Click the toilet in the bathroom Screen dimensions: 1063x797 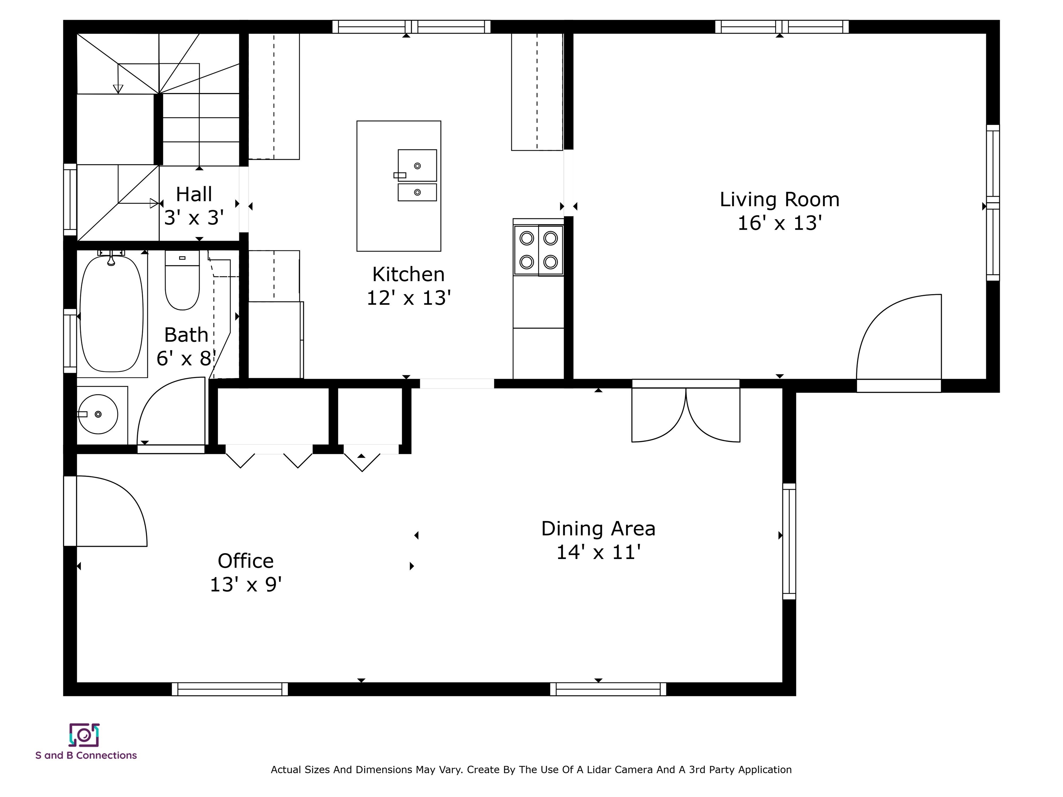[182, 280]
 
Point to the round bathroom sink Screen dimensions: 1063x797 [98, 414]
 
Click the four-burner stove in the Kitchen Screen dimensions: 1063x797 [538, 250]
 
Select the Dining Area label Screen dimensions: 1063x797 [598, 529]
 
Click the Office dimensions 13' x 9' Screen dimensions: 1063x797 [246, 585]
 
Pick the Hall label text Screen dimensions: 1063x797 [194, 194]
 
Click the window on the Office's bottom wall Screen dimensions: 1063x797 [230, 689]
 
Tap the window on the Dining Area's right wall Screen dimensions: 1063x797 [789, 541]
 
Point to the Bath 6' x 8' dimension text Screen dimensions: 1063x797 [186, 358]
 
